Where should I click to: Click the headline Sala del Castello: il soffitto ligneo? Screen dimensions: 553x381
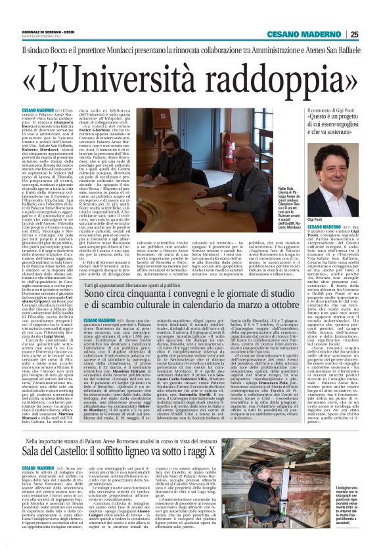(x=152, y=451)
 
